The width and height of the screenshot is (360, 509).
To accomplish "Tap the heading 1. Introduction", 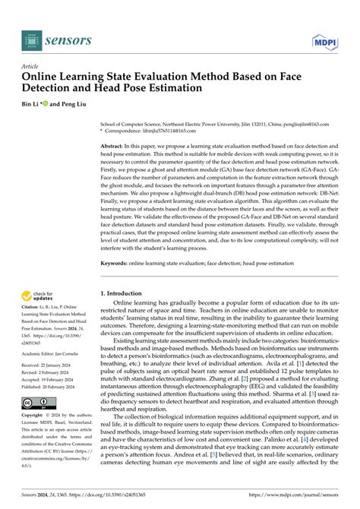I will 127,293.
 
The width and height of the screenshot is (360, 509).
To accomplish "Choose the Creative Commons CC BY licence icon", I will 36,403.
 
